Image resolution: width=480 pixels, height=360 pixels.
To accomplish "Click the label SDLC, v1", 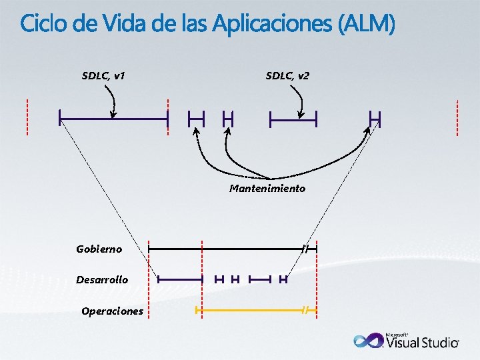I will pyautogui.click(x=103, y=75).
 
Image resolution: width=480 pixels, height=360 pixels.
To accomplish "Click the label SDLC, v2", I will pyautogui.click(x=287, y=75).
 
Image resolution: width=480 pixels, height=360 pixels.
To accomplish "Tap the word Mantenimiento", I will pyautogui.click(x=267, y=189).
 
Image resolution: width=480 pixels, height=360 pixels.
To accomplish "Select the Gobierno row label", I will pyautogui.click(x=99, y=249).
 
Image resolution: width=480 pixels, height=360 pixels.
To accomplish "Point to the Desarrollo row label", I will pyautogui.click(x=102, y=279).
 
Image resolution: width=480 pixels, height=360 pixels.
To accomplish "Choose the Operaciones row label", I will pyautogui.click(x=112, y=311).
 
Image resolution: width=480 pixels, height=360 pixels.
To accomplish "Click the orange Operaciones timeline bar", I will pyautogui.click(x=250, y=310).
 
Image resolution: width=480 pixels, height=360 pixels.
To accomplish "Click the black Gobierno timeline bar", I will pyautogui.click(x=227, y=248).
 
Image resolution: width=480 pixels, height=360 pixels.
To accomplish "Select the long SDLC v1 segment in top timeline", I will pyautogui.click(x=113, y=119).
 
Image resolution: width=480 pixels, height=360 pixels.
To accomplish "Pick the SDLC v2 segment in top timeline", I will pyautogui.click(x=293, y=121).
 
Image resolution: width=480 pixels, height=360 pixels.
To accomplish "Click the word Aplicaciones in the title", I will pyautogui.click(x=274, y=25).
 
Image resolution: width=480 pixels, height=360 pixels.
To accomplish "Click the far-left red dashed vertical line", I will pyautogui.click(x=27, y=117).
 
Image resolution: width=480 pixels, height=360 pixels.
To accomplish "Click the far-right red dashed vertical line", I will pyautogui.click(x=457, y=117).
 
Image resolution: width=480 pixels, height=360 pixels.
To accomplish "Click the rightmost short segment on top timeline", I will pyautogui.click(x=375, y=119).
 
